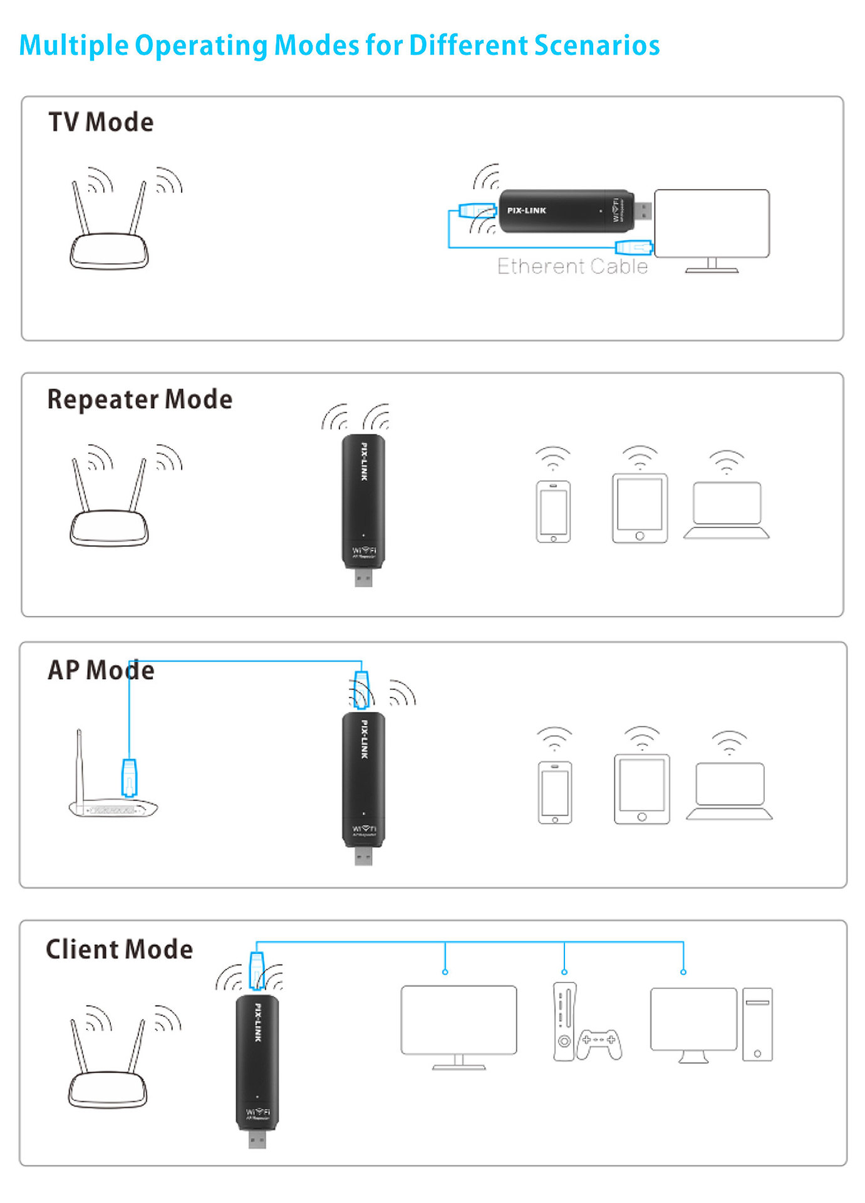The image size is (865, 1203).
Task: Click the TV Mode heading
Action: click(101, 122)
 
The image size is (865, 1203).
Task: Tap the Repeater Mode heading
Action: click(140, 400)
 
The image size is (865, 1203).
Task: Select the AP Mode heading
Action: click(101, 670)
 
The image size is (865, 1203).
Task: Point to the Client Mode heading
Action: click(119, 949)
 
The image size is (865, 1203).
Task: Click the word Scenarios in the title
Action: click(597, 45)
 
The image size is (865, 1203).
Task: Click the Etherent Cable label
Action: click(572, 267)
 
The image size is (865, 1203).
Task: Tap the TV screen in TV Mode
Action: click(712, 223)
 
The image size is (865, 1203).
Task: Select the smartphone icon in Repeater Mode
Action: click(553, 511)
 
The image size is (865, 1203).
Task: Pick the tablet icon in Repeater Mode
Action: click(640, 508)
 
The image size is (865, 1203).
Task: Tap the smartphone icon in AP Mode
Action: click(555, 792)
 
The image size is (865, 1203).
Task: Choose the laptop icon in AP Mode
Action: click(730, 790)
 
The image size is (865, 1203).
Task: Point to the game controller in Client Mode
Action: click(599, 1043)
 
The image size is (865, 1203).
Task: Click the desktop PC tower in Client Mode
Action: click(757, 1024)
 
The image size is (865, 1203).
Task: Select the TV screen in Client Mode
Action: click(458, 1020)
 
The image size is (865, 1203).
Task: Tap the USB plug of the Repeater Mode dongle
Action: click(363, 576)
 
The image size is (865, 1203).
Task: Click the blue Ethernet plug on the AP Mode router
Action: click(129, 777)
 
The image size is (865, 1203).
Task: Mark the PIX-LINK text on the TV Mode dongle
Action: click(527, 211)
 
